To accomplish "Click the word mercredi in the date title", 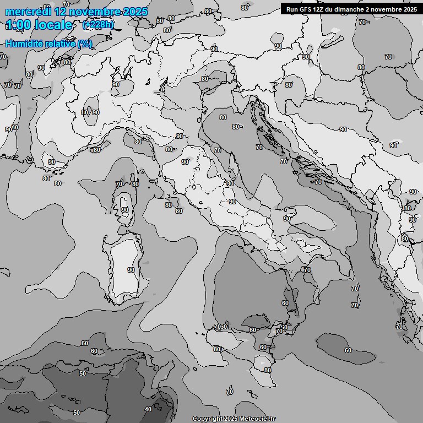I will pyautogui.click(x=28, y=12).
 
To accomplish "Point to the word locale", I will pyautogui.click(x=53, y=25).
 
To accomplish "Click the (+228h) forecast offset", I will pyautogui.click(x=98, y=25).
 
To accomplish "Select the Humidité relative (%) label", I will pyautogui.click(x=48, y=44).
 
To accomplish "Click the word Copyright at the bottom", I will pyautogui.click(x=207, y=419).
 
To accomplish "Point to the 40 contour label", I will pyautogui.click(x=148, y=409).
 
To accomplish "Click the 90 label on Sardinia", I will pyautogui.click(x=131, y=270).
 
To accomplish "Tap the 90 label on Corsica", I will pyautogui.click(x=124, y=210).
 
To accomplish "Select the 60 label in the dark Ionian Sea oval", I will pyautogui.click(x=348, y=350).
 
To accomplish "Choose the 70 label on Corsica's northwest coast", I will pyautogui.click(x=118, y=184).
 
